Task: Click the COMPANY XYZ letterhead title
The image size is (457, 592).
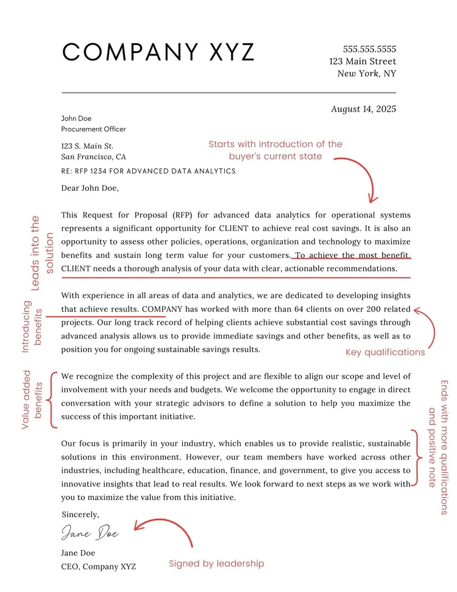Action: [x=158, y=52]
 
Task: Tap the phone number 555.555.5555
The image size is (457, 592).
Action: [x=369, y=49]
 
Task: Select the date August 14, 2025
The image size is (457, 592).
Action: [x=363, y=109]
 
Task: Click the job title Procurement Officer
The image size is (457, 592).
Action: [x=93, y=129]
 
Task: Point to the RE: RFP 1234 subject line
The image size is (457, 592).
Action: [x=148, y=171]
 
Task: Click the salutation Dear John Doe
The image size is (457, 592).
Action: [x=90, y=188]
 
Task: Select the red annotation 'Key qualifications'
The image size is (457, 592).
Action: [x=385, y=352]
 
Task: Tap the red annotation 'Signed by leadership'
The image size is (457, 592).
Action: [x=216, y=564]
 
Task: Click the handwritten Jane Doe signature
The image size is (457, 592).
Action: [x=90, y=533]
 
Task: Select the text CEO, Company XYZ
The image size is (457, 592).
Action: [x=98, y=566]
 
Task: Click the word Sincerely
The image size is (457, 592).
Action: [x=80, y=515]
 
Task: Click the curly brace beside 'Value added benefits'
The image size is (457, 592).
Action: [x=54, y=399]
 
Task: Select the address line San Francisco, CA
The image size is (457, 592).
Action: [x=94, y=157]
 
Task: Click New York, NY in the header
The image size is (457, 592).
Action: [x=367, y=74]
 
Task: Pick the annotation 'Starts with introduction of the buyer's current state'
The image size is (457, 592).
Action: [x=275, y=150]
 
